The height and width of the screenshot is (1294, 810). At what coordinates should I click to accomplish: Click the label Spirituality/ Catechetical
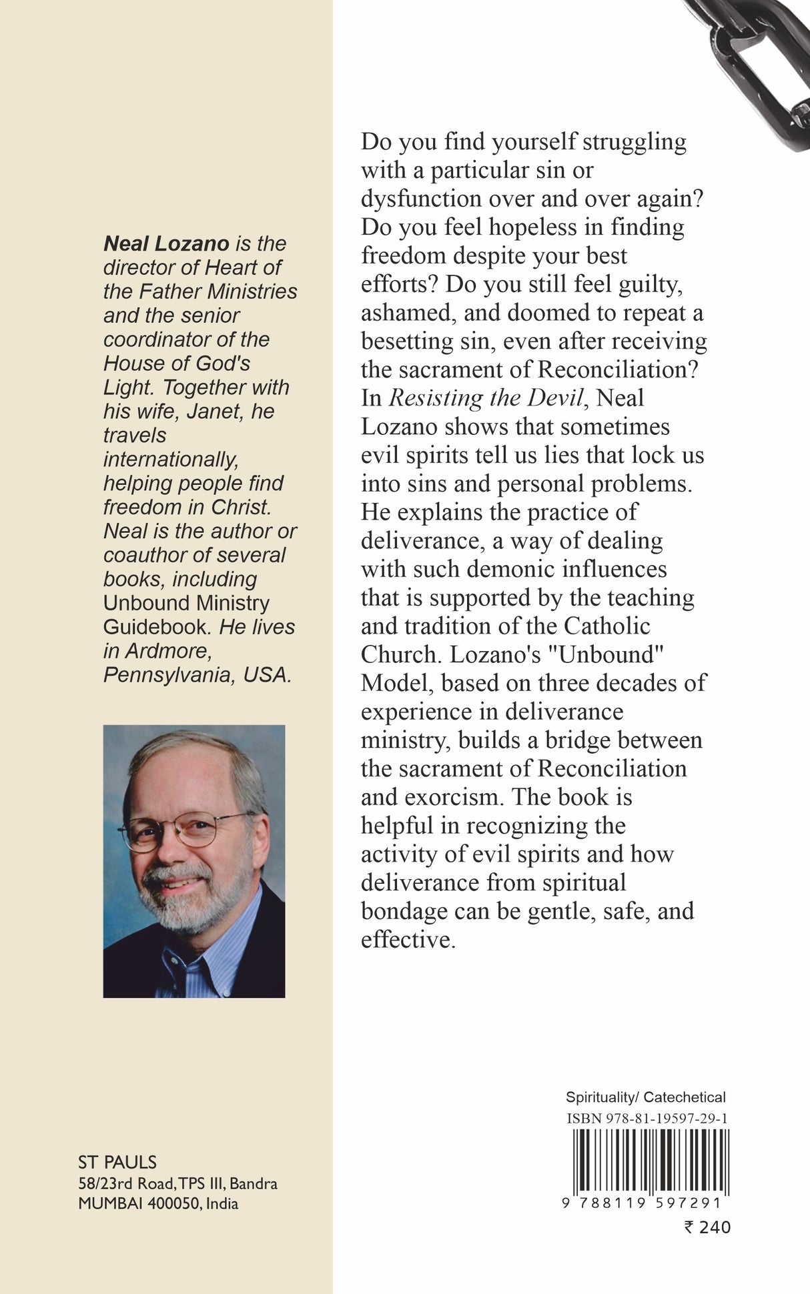tap(645, 1097)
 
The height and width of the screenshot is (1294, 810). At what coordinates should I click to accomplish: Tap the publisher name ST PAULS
tap(117, 1163)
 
